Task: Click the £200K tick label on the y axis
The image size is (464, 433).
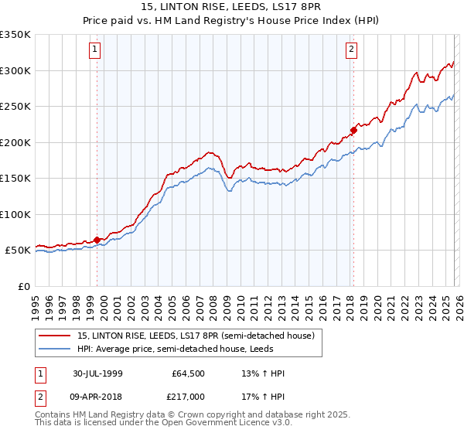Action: pos(15,142)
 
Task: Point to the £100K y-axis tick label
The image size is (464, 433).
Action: pos(15,214)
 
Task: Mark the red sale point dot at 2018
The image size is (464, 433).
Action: pos(353,130)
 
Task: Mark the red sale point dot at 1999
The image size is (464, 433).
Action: pos(97,240)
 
